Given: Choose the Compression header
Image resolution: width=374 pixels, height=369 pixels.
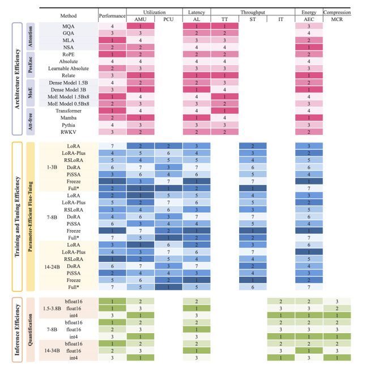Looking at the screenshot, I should [336, 11].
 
